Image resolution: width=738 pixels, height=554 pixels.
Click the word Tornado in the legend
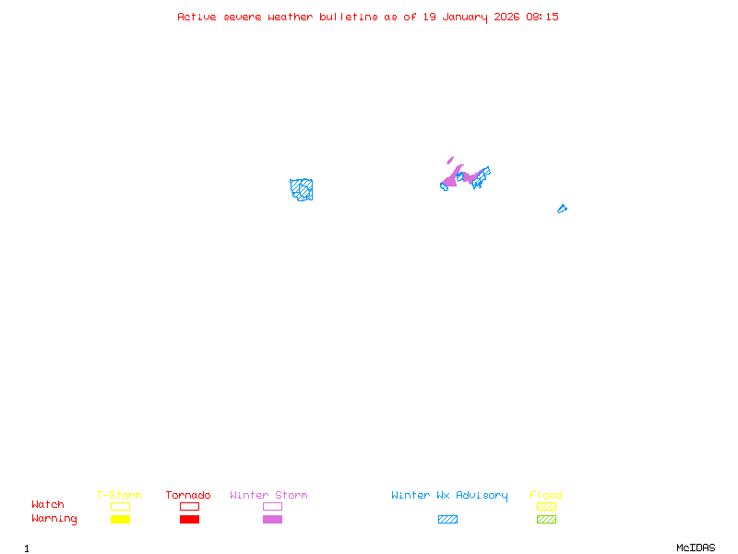click(188, 496)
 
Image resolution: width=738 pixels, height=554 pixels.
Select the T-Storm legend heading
click(119, 496)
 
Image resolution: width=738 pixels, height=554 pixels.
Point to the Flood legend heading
click(546, 496)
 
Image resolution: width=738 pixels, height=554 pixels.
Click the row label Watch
click(48, 505)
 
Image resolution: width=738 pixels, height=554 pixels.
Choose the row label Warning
click(54, 519)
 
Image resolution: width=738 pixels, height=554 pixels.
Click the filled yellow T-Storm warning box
click(120, 520)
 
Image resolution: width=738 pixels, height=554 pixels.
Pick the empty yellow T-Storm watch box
click(120, 507)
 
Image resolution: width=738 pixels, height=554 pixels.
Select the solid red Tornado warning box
click(189, 520)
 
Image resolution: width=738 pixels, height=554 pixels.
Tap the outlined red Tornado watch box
click(189, 507)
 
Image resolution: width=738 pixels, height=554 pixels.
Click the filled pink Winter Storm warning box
click(272, 520)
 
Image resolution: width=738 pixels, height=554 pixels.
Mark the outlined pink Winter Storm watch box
click(272, 507)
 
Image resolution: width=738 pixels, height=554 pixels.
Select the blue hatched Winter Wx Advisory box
click(447, 520)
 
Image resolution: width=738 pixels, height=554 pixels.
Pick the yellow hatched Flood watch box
click(546, 507)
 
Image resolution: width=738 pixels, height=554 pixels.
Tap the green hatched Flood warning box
click(546, 520)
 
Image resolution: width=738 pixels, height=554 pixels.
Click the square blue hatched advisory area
click(302, 190)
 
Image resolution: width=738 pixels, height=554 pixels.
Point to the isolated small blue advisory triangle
click(561, 210)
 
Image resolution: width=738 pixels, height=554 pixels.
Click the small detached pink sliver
click(450, 160)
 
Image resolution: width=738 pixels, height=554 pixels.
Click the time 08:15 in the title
click(542, 17)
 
